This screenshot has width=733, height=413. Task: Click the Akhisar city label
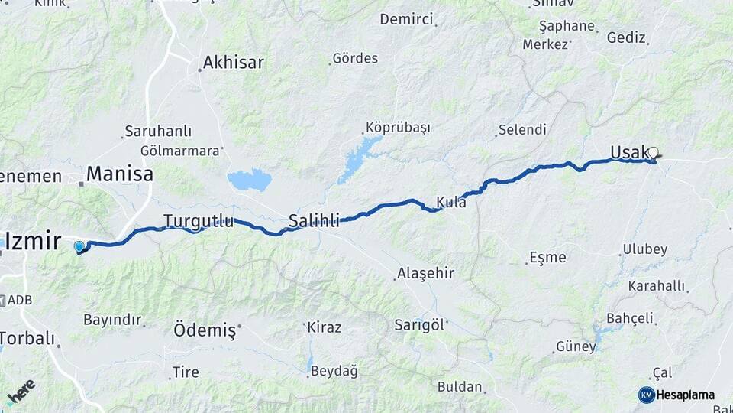point(234,62)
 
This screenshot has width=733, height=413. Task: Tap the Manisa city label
point(119,174)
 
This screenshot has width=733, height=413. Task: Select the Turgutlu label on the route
point(199,221)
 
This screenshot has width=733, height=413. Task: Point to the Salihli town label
point(314,222)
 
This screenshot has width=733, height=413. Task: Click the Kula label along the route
point(451,203)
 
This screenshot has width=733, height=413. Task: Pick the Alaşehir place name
point(425,273)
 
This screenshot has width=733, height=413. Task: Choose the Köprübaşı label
point(398,128)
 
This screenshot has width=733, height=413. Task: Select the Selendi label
point(522,130)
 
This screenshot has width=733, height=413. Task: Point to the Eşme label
point(548,257)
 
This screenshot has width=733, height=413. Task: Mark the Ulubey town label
point(644,249)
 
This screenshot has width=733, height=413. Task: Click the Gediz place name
point(626,37)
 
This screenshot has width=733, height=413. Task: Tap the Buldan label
point(460,387)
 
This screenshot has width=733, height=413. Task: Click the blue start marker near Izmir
point(79,246)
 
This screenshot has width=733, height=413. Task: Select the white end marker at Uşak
point(653,152)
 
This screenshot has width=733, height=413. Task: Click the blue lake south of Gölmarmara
point(249,180)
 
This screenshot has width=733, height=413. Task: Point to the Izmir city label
point(33,242)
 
